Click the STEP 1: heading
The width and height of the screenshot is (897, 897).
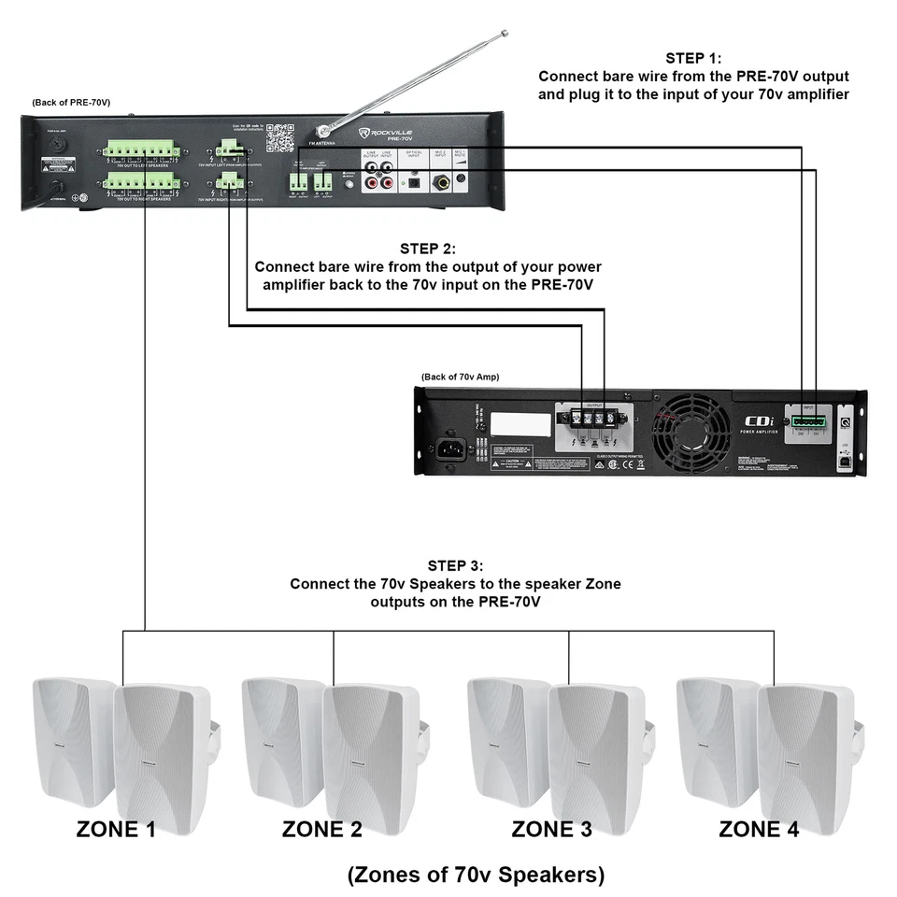pyautogui.click(x=693, y=58)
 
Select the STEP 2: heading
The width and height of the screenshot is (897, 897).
pyautogui.click(x=428, y=249)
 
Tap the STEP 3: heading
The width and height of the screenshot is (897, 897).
pyautogui.click(x=455, y=565)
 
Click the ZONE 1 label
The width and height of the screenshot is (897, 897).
pyautogui.click(x=116, y=828)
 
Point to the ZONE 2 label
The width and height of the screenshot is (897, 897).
pyautogui.click(x=322, y=828)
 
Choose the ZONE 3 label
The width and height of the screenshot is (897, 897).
pyautogui.click(x=551, y=828)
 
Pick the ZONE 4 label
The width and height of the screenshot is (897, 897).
pyautogui.click(x=759, y=828)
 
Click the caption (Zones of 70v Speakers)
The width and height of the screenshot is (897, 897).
pyautogui.click(x=476, y=875)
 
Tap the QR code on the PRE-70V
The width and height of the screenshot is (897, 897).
pyautogui.click(x=279, y=138)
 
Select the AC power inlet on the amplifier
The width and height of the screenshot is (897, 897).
pyautogui.click(x=451, y=453)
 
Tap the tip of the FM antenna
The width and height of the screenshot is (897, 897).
pyautogui.click(x=504, y=35)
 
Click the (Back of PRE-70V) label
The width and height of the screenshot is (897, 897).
pyautogui.click(x=71, y=102)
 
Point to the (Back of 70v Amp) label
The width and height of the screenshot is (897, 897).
pyautogui.click(x=460, y=377)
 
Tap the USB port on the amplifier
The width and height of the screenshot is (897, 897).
pyautogui.click(x=846, y=460)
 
